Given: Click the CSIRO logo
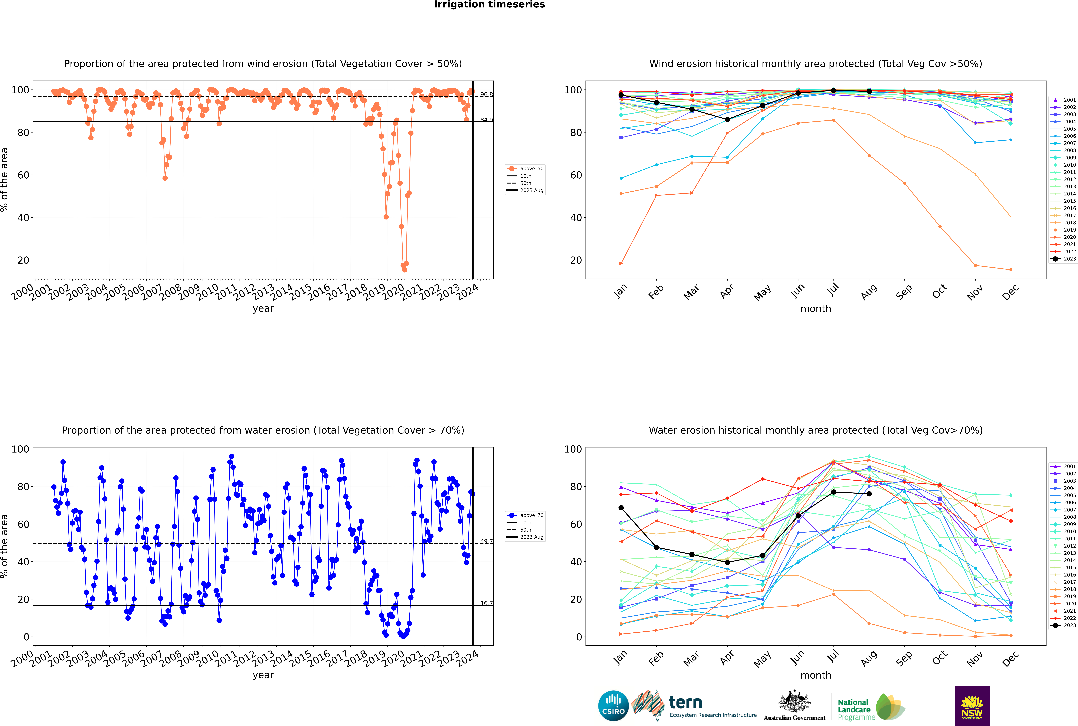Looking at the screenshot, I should coord(613,706).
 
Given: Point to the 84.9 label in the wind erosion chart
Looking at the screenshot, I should coord(486,120).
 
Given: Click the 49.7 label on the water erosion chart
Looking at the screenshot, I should coord(486,541).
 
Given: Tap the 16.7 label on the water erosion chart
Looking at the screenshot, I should coord(486,603).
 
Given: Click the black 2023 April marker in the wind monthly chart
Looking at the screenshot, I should coord(727,120).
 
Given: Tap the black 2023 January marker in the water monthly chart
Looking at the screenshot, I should coord(621,508).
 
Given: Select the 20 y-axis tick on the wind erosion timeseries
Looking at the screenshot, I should coord(23,260).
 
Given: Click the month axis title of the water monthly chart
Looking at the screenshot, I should coord(816,675).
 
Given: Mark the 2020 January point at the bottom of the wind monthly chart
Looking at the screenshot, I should coord(621,263).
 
